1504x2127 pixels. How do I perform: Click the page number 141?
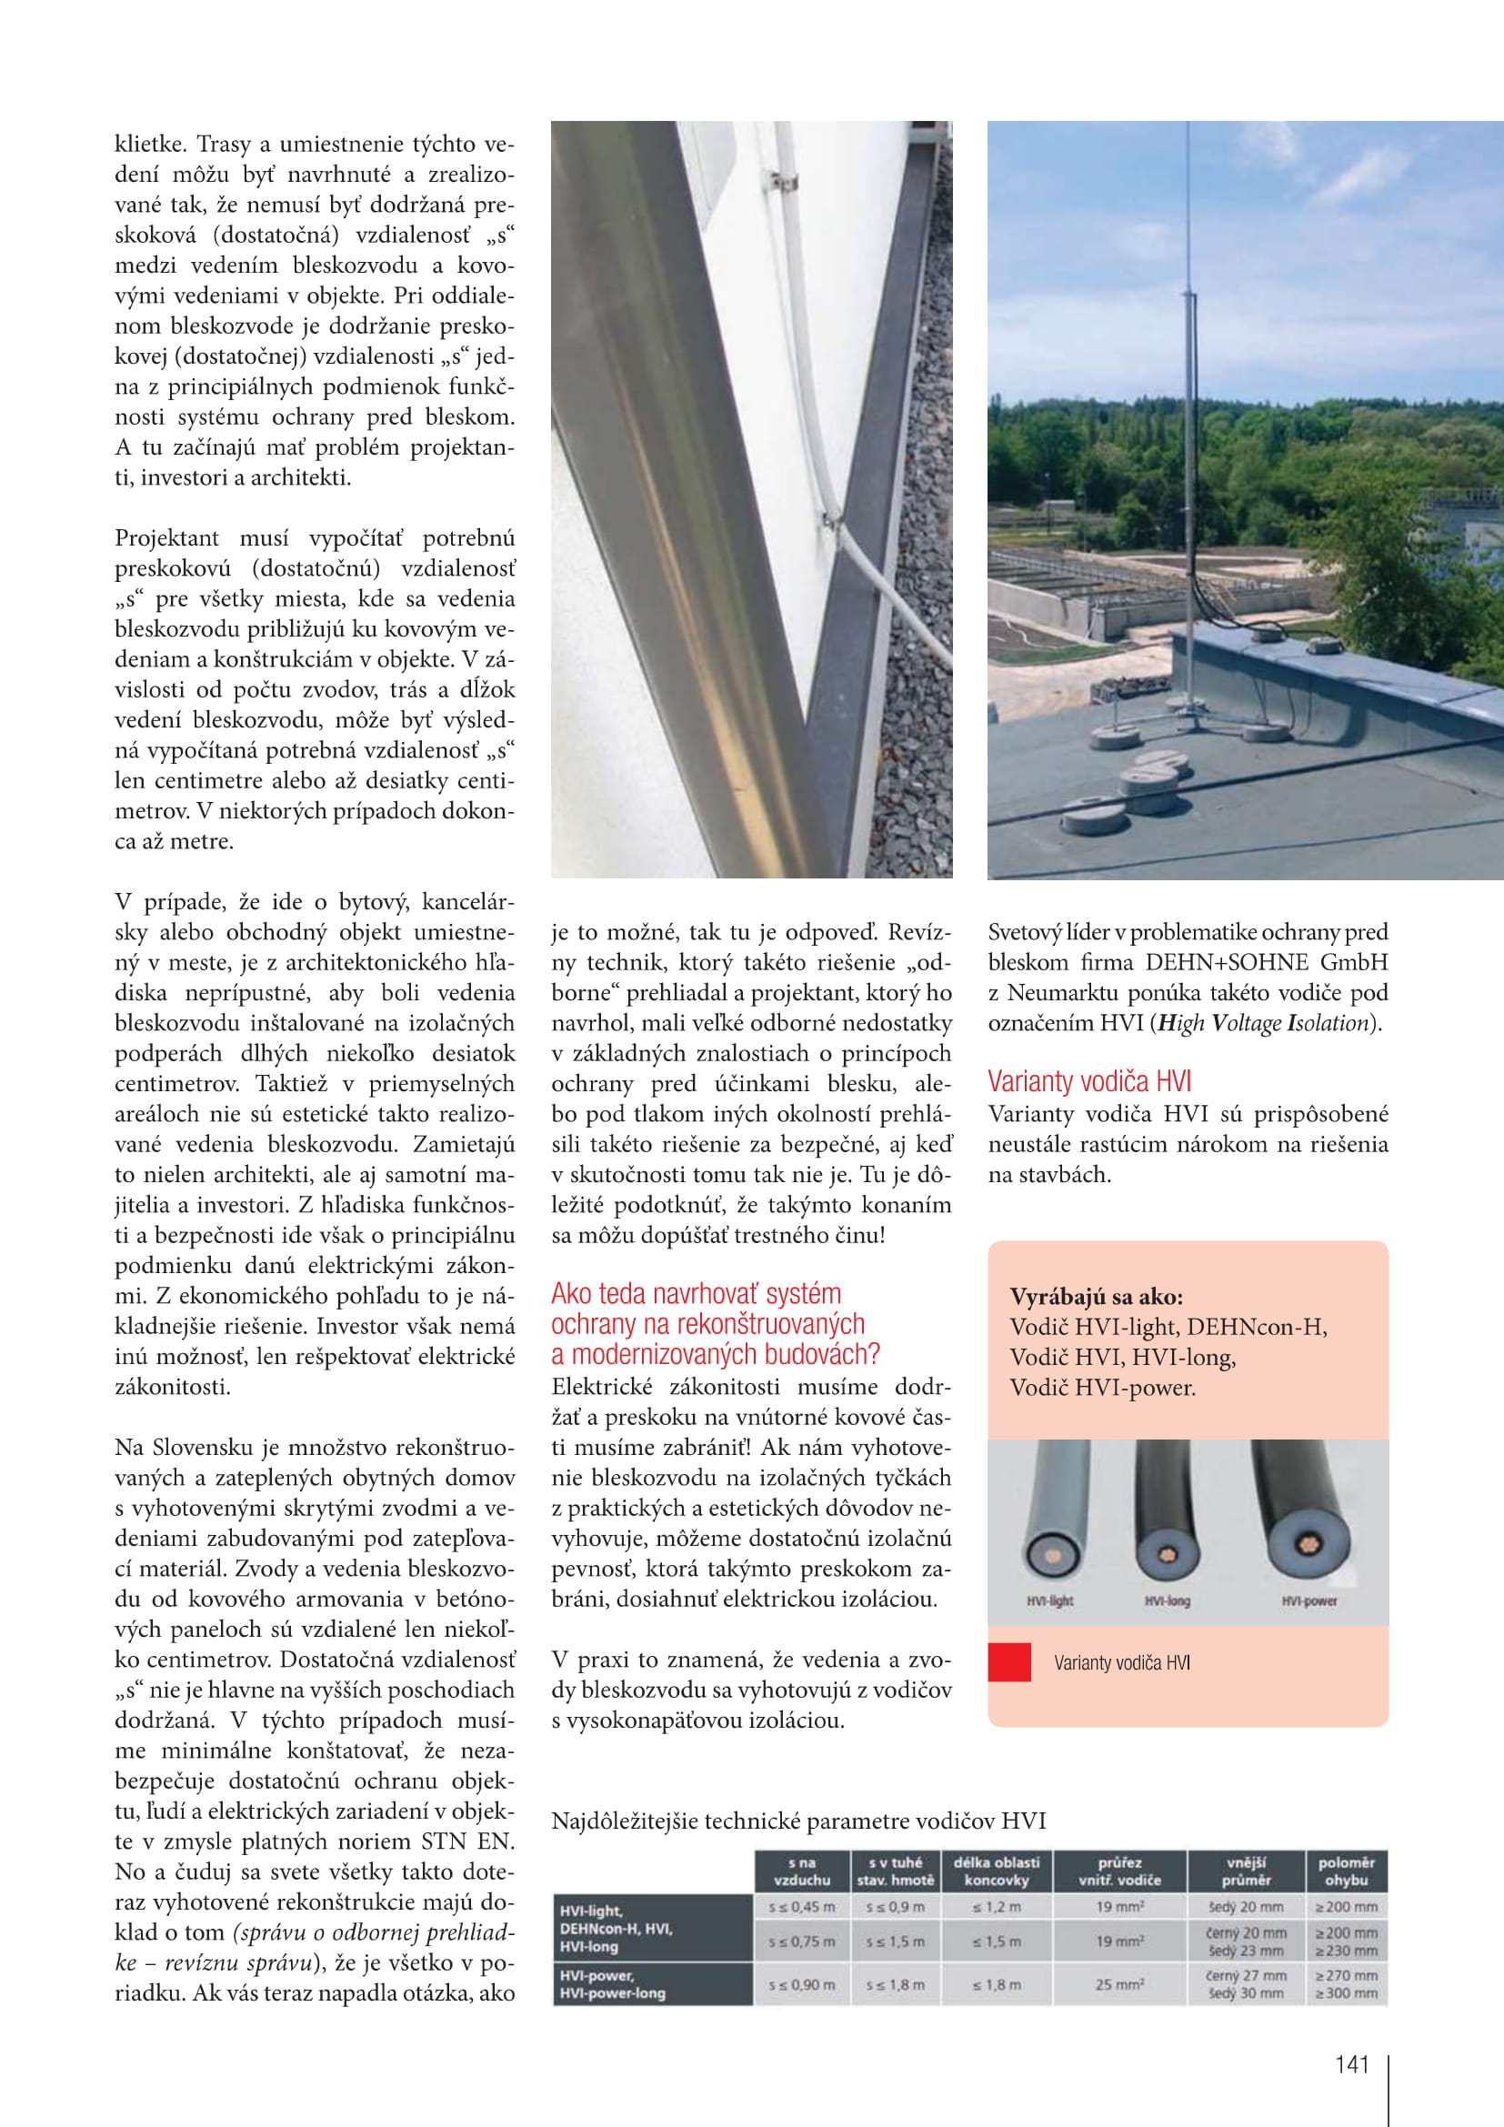tap(1351, 2065)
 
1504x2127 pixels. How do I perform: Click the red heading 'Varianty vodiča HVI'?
tap(1089, 1081)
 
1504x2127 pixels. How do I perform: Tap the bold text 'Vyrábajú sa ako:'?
tap(1097, 1296)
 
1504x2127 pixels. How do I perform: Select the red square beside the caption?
tap(1009, 1662)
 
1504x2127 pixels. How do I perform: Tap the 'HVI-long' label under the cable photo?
tap(1167, 1600)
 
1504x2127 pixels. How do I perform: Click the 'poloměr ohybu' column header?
tap(1346, 1871)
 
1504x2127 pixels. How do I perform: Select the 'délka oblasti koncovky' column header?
tap(997, 1871)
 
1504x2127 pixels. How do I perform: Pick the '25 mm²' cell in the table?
tap(1119, 1984)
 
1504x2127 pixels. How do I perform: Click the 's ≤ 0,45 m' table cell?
tap(802, 1908)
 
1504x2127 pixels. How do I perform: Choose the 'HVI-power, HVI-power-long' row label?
tap(613, 1984)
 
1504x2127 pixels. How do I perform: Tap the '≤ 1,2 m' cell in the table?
tap(997, 1908)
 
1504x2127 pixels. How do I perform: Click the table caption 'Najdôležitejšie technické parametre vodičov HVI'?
tap(798, 1821)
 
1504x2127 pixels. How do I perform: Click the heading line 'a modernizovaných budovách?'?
tap(715, 1354)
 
